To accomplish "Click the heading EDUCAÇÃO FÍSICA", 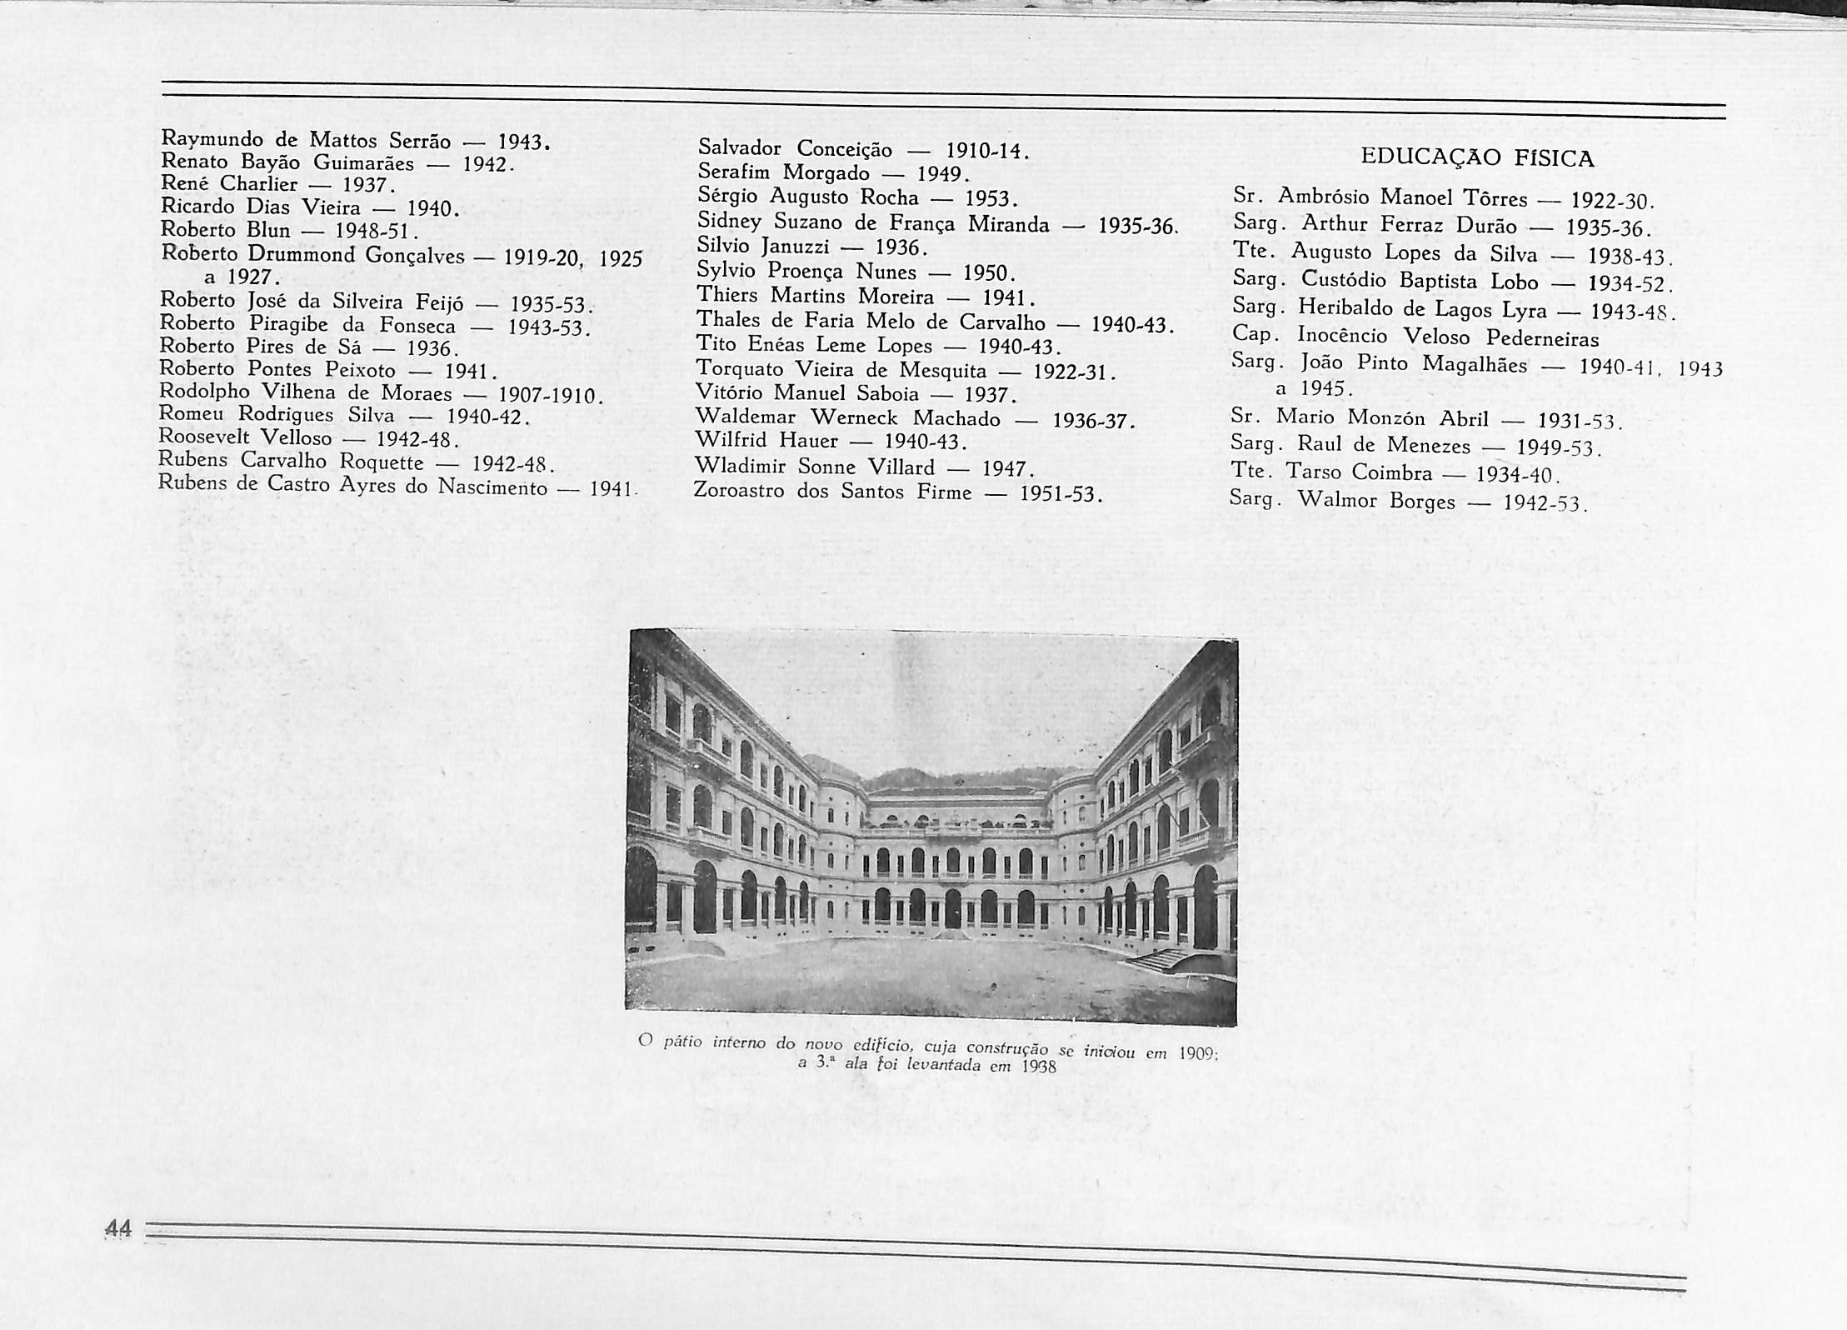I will tap(1476, 158).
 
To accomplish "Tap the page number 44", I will tap(118, 1227).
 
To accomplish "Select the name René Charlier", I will tap(229, 183).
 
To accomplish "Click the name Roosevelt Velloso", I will tap(245, 437).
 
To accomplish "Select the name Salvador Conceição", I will tap(795, 149).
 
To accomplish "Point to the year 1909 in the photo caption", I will tap(1197, 1052).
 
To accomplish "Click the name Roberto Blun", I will tap(225, 229).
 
